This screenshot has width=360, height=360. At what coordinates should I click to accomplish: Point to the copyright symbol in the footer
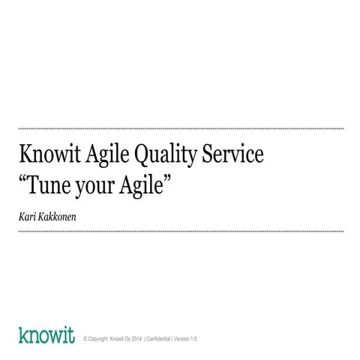(x=85, y=339)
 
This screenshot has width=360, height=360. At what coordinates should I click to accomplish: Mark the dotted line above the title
(x=180, y=128)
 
